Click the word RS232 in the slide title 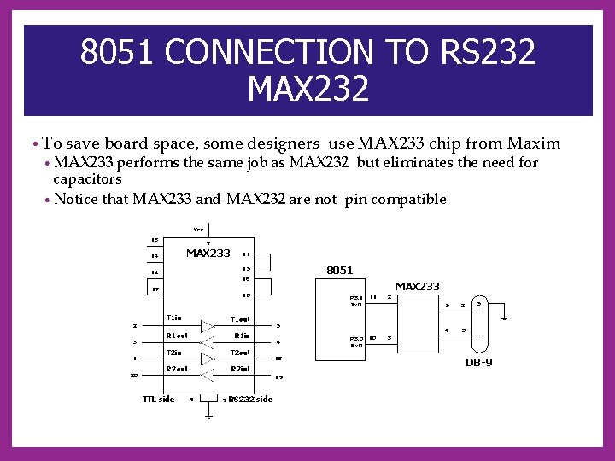coord(488,53)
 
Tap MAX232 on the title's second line coord(308,87)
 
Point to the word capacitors coord(87,179)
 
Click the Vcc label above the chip coord(198,230)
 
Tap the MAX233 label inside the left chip coord(208,253)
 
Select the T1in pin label coord(174,318)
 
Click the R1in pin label coord(242,336)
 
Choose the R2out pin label coord(177,369)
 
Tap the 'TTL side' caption coord(158,399)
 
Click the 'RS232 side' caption coord(250,399)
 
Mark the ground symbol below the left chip coord(208,417)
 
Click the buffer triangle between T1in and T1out coord(206,325)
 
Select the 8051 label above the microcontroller coord(339,270)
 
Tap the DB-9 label coord(478,363)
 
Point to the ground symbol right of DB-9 coord(505,319)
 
